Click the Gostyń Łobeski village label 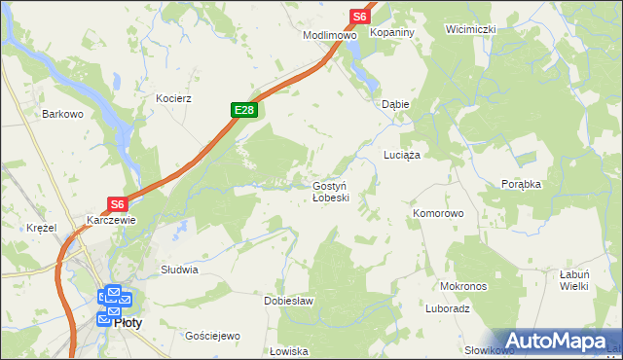[337, 191]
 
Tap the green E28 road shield [244, 111]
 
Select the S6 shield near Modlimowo [360, 17]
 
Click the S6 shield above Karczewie [118, 204]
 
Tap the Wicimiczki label [471, 29]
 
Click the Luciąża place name [401, 156]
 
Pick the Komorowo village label [438, 213]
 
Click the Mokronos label [463, 287]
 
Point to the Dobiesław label [289, 301]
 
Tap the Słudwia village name [179, 270]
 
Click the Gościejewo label [213, 336]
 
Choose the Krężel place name [43, 227]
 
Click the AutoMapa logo [559, 341]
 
